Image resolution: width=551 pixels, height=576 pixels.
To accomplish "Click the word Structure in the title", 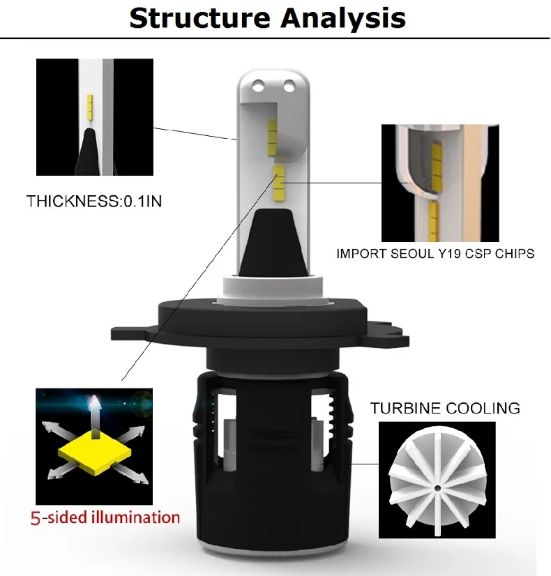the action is pos(200,18).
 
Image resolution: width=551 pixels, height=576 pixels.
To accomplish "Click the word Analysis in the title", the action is pos(343,19).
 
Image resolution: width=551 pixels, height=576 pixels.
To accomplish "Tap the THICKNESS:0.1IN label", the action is pos(94,202).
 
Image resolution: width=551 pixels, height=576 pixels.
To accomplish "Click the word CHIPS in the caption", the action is pos(515,254).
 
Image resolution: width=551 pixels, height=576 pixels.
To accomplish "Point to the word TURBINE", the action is pos(405,408).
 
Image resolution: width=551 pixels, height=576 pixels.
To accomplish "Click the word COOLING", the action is pos(483,408).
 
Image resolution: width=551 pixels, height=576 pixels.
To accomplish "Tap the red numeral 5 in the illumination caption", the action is pos(36,518).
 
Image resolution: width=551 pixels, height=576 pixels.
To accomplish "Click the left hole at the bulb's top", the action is pos(259,86).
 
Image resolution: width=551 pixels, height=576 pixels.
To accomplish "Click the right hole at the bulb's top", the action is pos(289,86).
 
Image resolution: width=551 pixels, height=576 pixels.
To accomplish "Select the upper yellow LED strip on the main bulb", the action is pos(272,138).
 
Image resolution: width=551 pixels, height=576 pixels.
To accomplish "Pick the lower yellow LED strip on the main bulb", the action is pos(279,183).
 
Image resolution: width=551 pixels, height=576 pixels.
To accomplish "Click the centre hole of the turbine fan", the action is pos(437,488).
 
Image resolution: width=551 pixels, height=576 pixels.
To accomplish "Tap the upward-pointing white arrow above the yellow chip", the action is pos(95,417).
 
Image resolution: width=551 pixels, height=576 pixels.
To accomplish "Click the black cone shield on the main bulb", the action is pos(272,243).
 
